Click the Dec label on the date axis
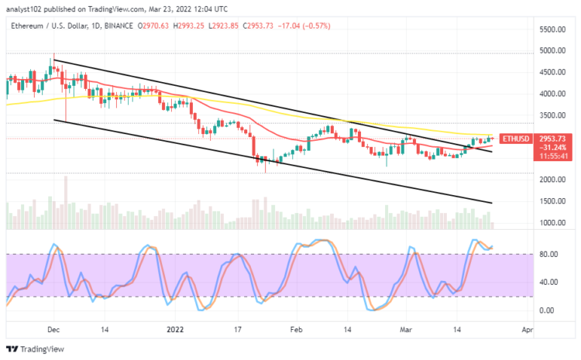pyautogui.click(x=53, y=329)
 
